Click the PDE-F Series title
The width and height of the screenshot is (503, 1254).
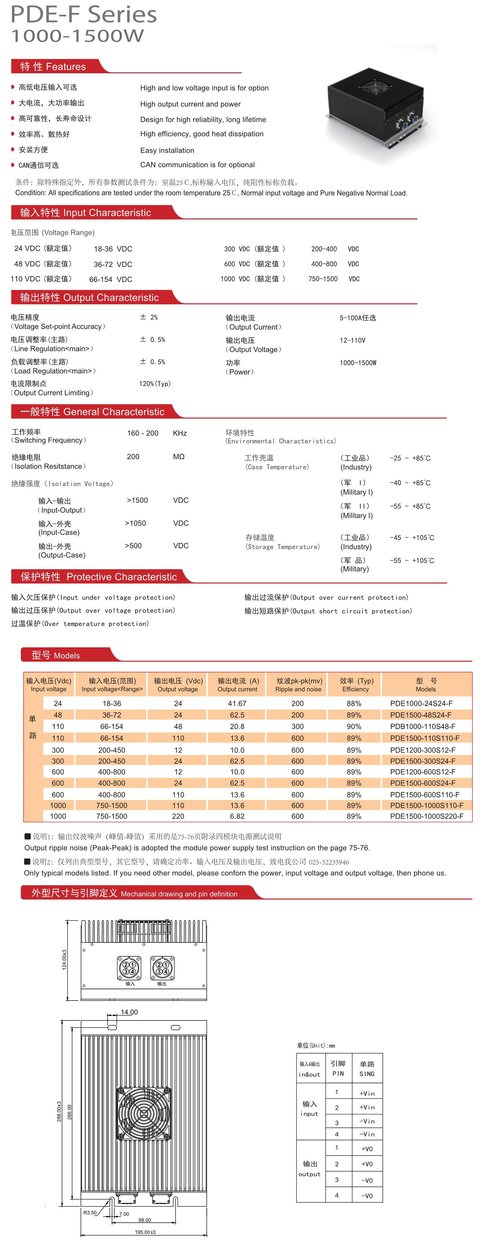click(84, 15)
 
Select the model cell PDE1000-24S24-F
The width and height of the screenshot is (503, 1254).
click(421, 703)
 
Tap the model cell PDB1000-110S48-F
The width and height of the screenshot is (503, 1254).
click(423, 726)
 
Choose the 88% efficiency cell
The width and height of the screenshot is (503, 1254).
click(354, 703)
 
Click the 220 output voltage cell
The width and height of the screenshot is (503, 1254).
click(178, 816)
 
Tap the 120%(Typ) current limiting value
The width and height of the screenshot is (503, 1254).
click(155, 384)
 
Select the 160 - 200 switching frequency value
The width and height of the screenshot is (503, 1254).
click(142, 433)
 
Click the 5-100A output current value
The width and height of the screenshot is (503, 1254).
click(357, 318)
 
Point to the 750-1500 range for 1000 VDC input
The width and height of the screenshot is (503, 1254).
click(323, 279)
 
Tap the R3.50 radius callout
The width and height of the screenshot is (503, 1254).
click(90, 1213)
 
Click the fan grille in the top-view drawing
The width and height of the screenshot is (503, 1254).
click(143, 1114)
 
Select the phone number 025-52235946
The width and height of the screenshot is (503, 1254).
click(329, 862)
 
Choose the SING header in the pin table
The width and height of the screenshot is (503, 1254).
click(367, 1073)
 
